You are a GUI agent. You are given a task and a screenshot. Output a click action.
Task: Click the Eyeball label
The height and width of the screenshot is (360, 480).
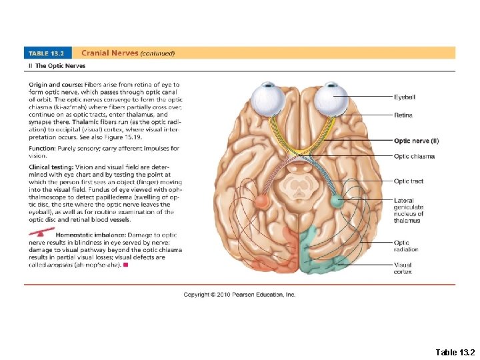(404, 97)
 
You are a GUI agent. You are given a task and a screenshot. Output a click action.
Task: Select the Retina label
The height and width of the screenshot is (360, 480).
(403, 115)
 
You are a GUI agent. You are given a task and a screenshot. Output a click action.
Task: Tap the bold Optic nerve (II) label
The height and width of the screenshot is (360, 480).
(416, 141)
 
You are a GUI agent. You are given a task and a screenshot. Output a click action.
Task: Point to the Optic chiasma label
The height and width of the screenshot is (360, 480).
(413, 156)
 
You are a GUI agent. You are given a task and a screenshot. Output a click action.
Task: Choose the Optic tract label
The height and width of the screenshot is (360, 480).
(408, 181)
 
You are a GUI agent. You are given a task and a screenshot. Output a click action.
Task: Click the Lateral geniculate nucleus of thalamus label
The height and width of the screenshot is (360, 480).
(408, 210)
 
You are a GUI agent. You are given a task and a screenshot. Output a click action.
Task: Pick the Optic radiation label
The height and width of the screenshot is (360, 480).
(405, 246)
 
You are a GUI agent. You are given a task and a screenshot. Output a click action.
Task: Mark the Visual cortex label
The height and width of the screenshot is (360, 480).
(403, 268)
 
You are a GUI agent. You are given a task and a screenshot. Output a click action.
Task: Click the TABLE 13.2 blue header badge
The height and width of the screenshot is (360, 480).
(49, 53)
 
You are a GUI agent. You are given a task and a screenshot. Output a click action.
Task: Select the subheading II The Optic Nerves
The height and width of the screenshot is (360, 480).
(57, 66)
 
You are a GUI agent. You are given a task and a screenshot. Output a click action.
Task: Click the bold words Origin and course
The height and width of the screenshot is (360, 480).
(53, 85)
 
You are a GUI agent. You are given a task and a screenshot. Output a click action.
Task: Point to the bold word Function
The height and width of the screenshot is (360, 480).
(41, 149)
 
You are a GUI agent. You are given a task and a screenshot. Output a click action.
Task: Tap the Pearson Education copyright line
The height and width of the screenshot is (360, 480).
(239, 294)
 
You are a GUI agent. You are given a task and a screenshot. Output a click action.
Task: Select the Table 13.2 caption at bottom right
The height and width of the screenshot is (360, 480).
(455, 351)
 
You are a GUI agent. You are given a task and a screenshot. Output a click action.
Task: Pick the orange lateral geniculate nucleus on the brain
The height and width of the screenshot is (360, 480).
(261, 201)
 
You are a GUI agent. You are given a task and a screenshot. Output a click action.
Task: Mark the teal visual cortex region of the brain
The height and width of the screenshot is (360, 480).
(317, 257)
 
